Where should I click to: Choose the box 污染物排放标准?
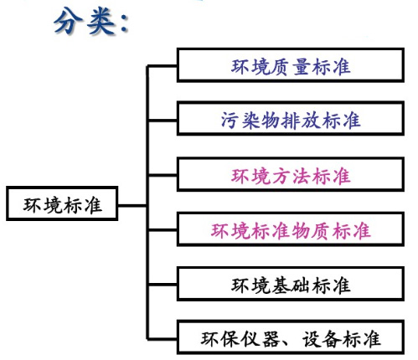[291, 120]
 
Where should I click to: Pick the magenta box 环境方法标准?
[291, 177]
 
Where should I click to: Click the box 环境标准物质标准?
[291, 229]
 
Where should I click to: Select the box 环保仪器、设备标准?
[291, 339]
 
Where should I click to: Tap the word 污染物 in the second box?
[250, 120]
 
